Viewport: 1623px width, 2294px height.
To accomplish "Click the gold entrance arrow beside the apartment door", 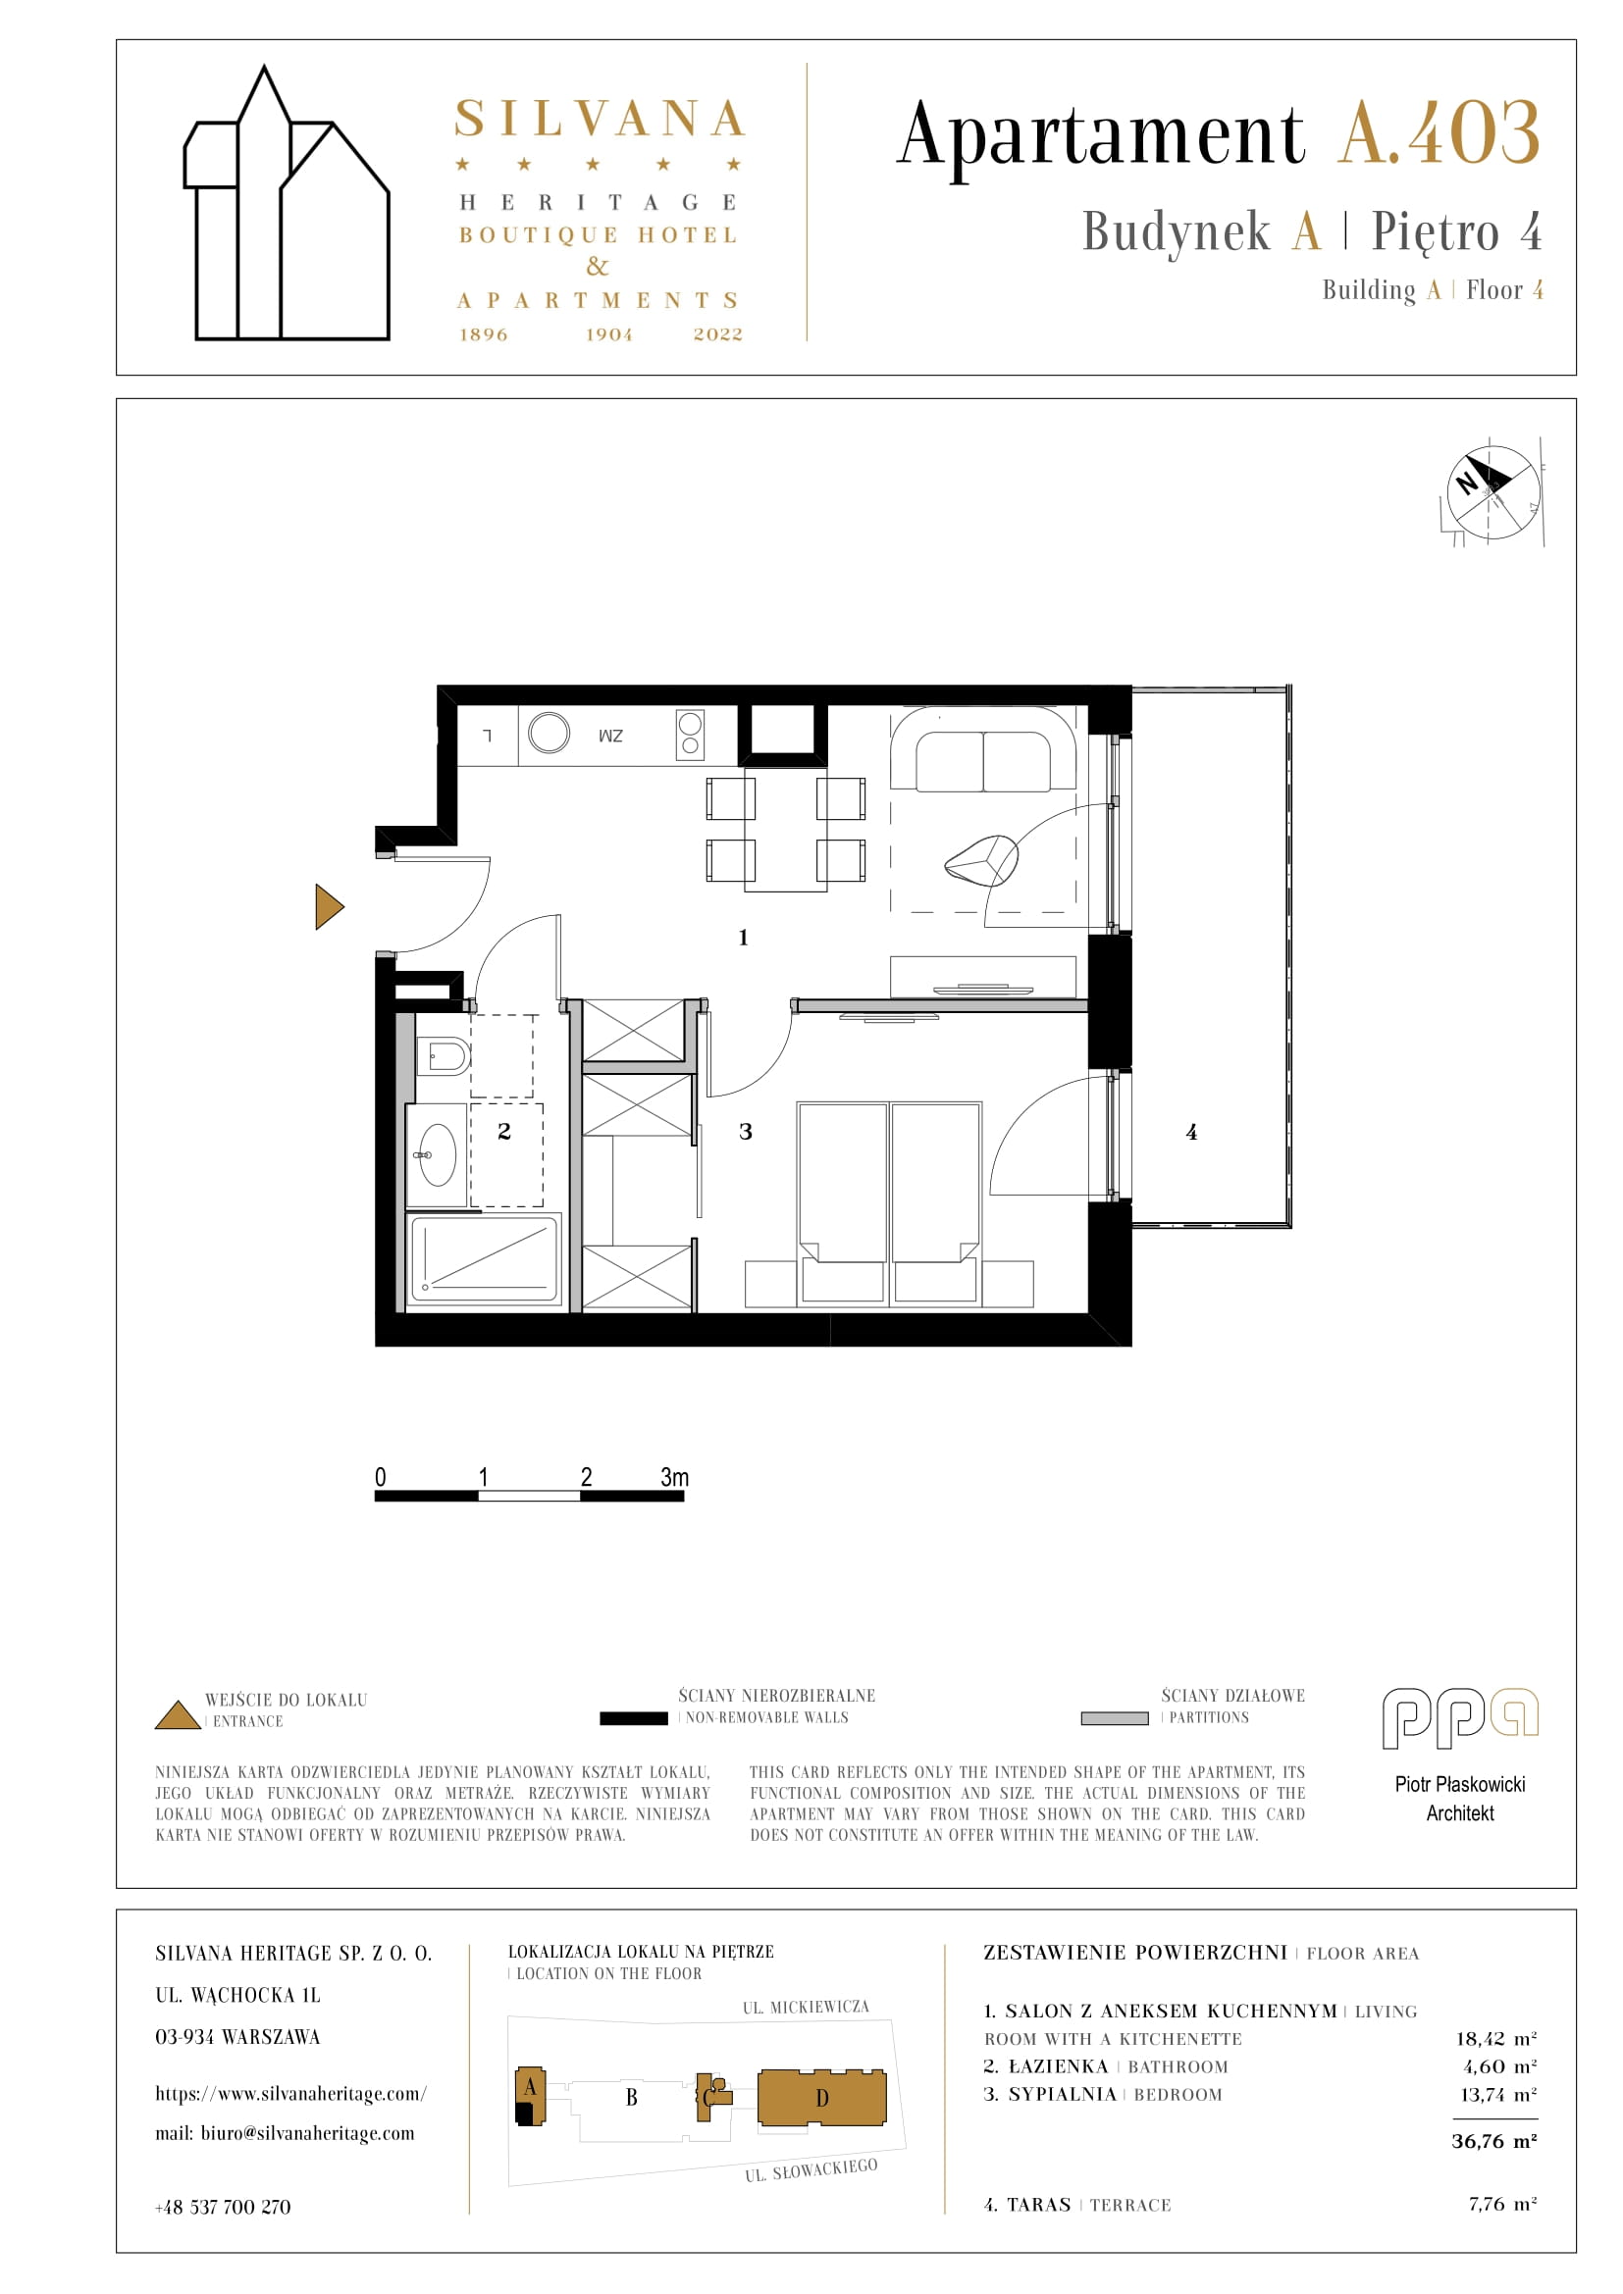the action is (x=328, y=906).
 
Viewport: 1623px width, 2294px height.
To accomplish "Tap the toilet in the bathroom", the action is (x=444, y=1055).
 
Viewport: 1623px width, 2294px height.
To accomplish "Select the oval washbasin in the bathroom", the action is (x=436, y=1155).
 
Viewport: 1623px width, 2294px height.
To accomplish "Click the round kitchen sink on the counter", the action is (x=549, y=733).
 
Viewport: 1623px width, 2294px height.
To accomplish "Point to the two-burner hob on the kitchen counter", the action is (x=690, y=734).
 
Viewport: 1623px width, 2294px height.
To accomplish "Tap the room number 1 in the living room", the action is (x=743, y=938).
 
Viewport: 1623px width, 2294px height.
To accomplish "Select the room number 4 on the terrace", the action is (x=1191, y=1131).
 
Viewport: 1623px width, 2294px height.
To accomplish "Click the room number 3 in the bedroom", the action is (x=746, y=1131).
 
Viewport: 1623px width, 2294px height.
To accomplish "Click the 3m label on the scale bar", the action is (x=674, y=1477).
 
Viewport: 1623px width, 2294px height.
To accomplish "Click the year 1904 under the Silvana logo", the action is (x=609, y=334).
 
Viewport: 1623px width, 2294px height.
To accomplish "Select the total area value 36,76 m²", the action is (x=1494, y=2140).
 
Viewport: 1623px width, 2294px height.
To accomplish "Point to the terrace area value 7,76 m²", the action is (x=1502, y=2203).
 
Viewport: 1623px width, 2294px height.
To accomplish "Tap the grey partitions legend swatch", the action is (x=1115, y=1718).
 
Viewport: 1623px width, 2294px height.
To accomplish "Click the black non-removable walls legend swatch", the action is (x=634, y=1718).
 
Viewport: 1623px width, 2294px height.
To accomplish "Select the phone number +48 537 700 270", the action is (x=223, y=2207).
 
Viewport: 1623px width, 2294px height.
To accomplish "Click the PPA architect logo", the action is (x=1460, y=1718).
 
